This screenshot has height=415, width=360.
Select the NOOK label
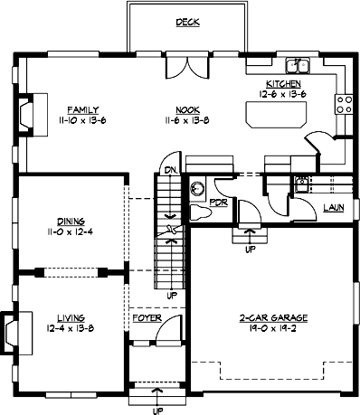point(187,108)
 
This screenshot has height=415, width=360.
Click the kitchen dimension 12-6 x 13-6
point(282,93)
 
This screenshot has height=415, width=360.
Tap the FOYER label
point(147,318)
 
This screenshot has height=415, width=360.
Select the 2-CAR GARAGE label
point(273,318)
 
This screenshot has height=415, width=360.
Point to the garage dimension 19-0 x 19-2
point(273,329)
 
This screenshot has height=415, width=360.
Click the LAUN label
point(333,207)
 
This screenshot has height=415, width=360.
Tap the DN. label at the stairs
point(168,170)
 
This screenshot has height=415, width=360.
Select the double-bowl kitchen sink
point(297,65)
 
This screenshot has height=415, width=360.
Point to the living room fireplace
point(10,330)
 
